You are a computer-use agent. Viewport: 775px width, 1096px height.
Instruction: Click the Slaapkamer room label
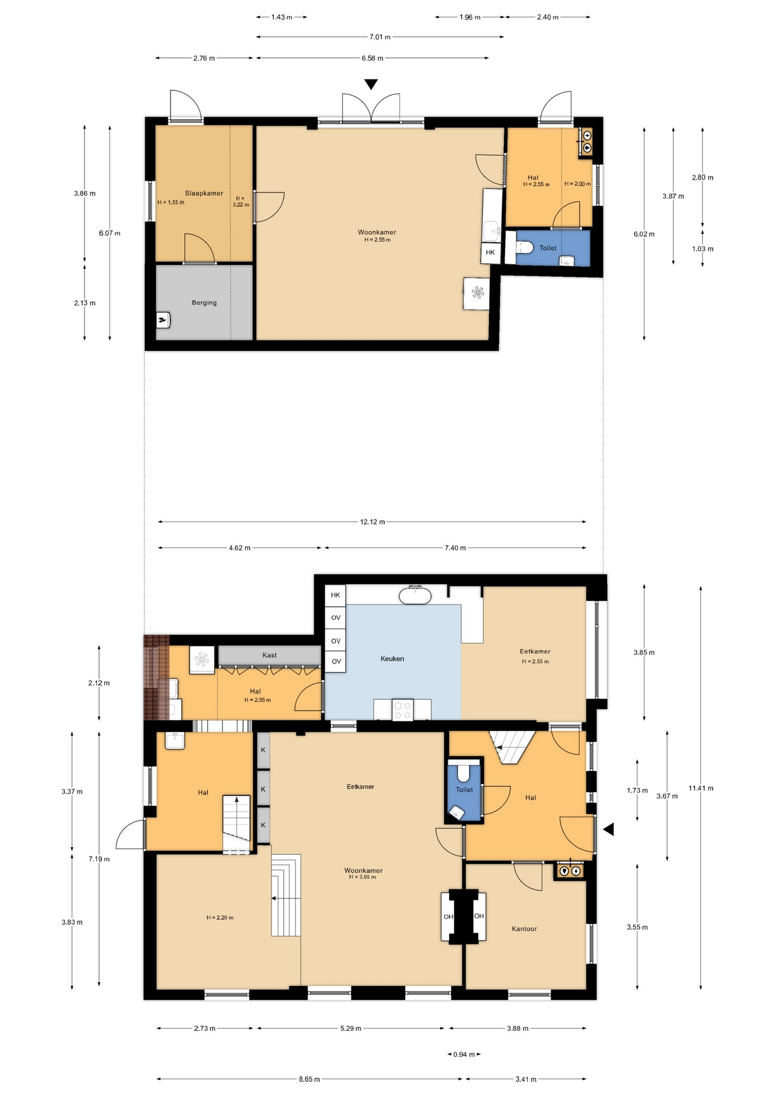204,194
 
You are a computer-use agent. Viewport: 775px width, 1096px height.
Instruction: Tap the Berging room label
204,303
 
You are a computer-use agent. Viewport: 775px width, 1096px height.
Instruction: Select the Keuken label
392,659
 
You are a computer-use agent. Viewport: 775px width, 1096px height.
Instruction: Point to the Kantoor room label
524,929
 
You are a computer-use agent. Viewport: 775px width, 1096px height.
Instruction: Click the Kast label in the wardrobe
269,655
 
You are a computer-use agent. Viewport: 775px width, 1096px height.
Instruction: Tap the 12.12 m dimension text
372,522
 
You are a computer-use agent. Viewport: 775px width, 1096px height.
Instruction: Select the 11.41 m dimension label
701,788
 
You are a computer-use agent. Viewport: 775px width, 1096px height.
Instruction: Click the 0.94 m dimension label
464,1054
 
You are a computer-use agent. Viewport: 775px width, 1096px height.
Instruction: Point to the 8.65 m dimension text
309,1079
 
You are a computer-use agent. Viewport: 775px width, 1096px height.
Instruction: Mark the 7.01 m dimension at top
380,37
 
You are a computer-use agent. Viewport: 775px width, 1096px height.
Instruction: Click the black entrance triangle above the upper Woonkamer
371,84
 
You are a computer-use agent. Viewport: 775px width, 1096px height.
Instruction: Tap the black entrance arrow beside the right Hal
608,829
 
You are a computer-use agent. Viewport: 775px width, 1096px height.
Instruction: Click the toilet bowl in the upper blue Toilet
524,248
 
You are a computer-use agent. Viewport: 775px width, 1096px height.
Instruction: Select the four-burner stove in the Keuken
402,710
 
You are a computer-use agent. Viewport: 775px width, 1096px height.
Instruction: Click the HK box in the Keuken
336,595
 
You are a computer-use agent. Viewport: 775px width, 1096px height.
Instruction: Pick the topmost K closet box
263,750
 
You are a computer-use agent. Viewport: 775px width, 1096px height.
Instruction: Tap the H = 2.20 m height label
220,918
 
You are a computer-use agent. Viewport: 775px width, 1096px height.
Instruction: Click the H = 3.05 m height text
362,877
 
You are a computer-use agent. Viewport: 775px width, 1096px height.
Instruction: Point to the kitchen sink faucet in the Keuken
415,588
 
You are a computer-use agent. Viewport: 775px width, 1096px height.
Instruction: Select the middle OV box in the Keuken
336,641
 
